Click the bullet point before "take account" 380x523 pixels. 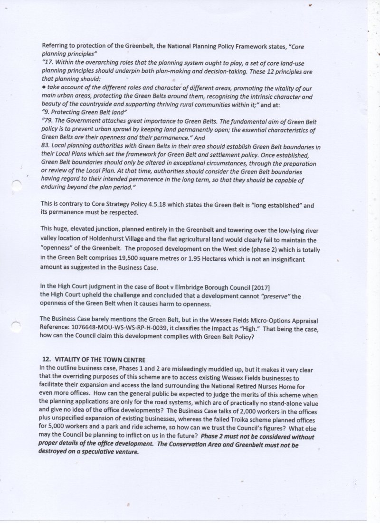[x=43, y=89]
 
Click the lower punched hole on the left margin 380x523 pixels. [x=16, y=326]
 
